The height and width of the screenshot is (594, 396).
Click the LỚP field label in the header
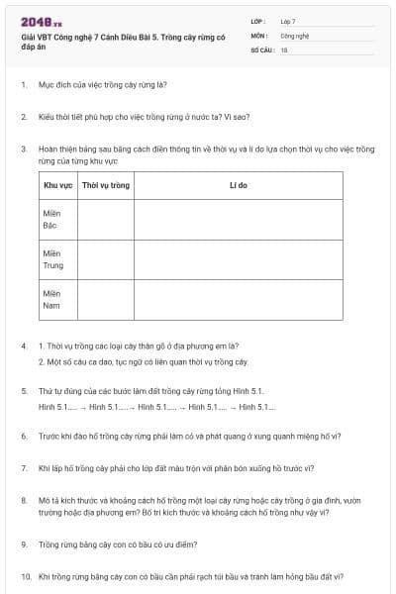pos(258,21)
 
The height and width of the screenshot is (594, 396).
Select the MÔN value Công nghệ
pos(294,35)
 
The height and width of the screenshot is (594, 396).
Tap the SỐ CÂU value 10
pos(284,49)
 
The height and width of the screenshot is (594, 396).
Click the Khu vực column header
pos(56,185)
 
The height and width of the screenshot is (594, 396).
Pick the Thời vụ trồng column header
pos(106,185)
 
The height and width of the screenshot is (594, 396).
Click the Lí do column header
pos(238,185)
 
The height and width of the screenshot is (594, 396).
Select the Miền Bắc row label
pos(51,220)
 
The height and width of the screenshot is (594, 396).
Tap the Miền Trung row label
pos(53,259)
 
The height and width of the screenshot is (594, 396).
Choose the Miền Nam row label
pos(51,299)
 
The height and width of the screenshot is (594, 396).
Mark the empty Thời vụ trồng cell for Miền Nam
pos(106,299)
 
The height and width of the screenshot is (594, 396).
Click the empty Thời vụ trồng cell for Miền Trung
pos(106,259)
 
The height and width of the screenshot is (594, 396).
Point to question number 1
pos(24,85)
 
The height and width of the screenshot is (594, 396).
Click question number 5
pos(24,391)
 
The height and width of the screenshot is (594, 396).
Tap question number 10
pos(26,576)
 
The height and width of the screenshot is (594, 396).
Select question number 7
pos(24,467)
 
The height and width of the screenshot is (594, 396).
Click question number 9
pos(24,544)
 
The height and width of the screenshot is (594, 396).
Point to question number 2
pos(24,117)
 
